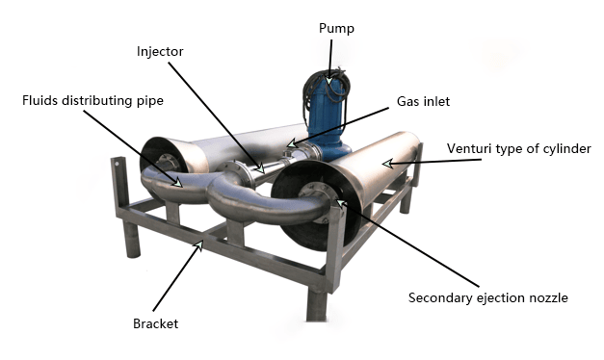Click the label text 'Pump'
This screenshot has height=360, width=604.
[x=336, y=28]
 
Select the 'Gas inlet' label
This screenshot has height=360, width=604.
[x=424, y=101]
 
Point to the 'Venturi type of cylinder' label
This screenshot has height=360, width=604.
[x=518, y=148]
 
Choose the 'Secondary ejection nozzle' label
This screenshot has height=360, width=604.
[x=487, y=297]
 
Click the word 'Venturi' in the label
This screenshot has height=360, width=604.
[x=468, y=148]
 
